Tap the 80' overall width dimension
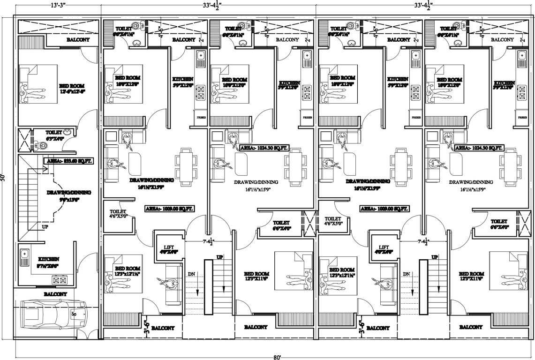(x=278, y=356)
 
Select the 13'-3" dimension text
(x=57, y=6)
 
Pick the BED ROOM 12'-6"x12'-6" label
(x=71, y=89)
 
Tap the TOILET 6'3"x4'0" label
(x=53, y=135)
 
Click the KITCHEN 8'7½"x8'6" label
(x=49, y=262)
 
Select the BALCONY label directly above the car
(x=55, y=294)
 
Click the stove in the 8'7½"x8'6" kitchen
(x=59, y=280)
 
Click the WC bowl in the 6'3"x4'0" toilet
(x=43, y=146)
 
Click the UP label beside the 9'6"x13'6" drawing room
(x=45, y=227)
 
